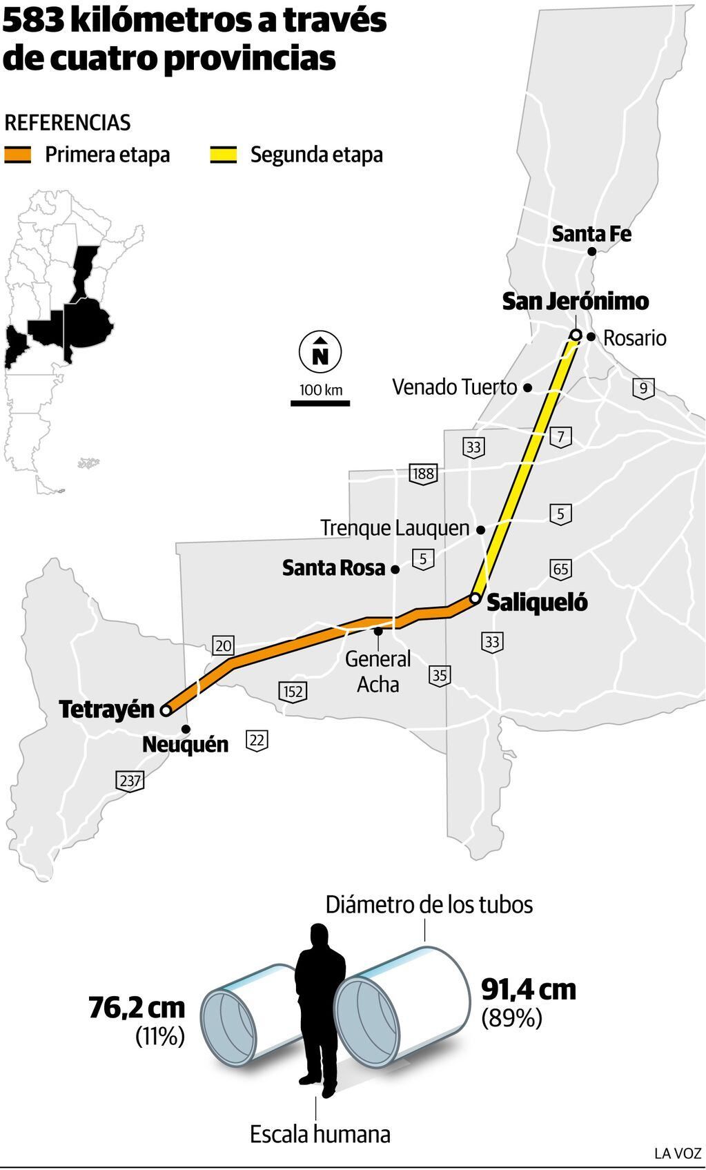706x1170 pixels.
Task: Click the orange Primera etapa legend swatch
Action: pos(18,155)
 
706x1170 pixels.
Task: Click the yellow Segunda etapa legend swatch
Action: pos(223,155)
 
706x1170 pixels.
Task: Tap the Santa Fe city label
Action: pos(591,234)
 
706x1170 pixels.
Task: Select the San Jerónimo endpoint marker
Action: pos(576,335)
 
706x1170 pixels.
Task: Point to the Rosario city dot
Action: pos(591,337)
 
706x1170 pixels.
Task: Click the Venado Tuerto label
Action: pos(454,387)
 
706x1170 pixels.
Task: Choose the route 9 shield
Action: pos(643,388)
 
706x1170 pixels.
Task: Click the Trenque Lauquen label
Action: pos(395,528)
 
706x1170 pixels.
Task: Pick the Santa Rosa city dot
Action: pos(395,569)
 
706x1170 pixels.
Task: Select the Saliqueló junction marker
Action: pos(475,598)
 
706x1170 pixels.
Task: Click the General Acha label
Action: pos(377,671)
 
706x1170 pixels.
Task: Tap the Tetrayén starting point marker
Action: pos(166,710)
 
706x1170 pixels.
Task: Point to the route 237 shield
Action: pos(130,781)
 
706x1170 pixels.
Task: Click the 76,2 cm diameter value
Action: pos(137,1008)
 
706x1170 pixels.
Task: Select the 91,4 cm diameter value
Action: pos(528,989)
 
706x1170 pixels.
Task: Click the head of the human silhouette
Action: pos(319,937)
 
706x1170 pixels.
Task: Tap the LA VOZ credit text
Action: pos(677,1153)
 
